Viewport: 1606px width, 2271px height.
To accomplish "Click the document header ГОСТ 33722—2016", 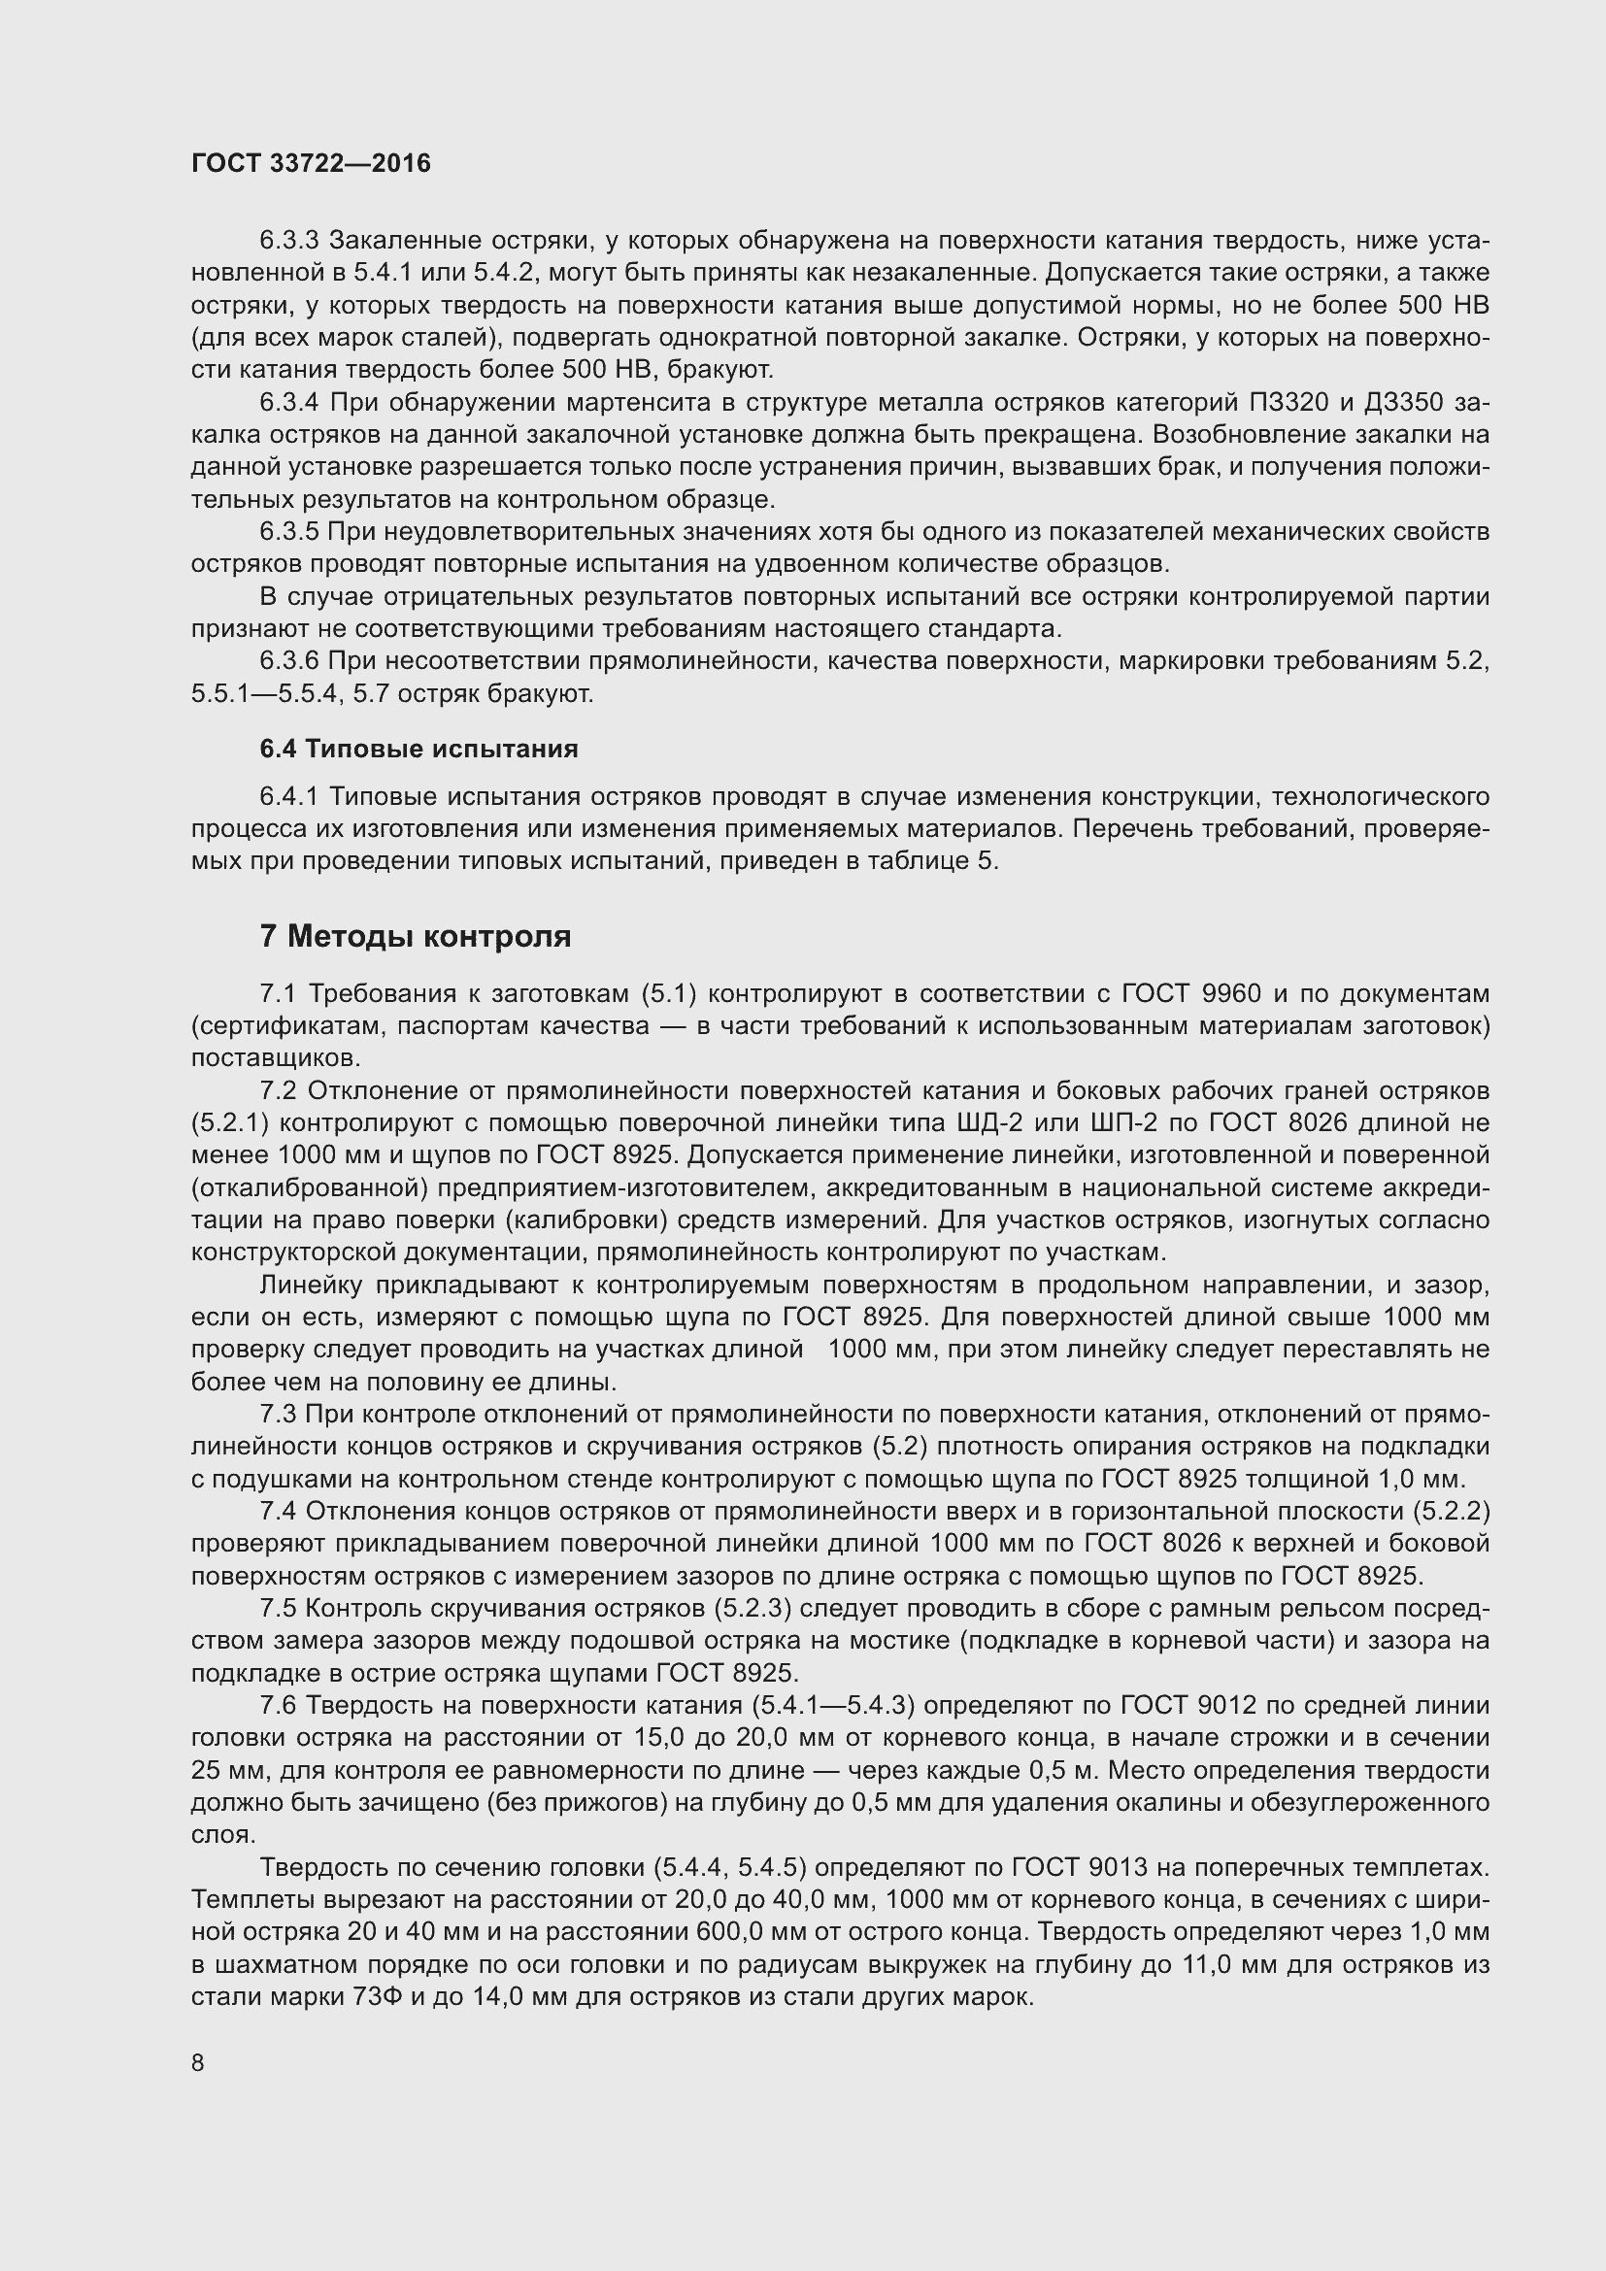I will pos(312,164).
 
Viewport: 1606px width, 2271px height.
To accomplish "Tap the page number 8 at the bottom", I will pos(198,2062).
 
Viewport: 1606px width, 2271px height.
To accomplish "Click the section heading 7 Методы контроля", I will pos(416,936).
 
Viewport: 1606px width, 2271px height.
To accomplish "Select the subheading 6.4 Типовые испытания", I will pos(419,749).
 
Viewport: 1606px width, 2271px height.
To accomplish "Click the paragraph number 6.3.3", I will pos(288,241).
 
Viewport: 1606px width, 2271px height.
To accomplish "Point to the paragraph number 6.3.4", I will pos(288,403).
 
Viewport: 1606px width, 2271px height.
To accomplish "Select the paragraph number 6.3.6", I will pos(288,661).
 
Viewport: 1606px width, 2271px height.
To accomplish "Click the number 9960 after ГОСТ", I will pos(1228,993).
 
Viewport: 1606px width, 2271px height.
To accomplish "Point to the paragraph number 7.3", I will pos(278,1414).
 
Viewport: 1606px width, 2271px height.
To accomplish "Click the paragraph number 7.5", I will pos(278,1608).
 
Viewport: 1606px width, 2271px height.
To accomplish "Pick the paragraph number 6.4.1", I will pos(288,796).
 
